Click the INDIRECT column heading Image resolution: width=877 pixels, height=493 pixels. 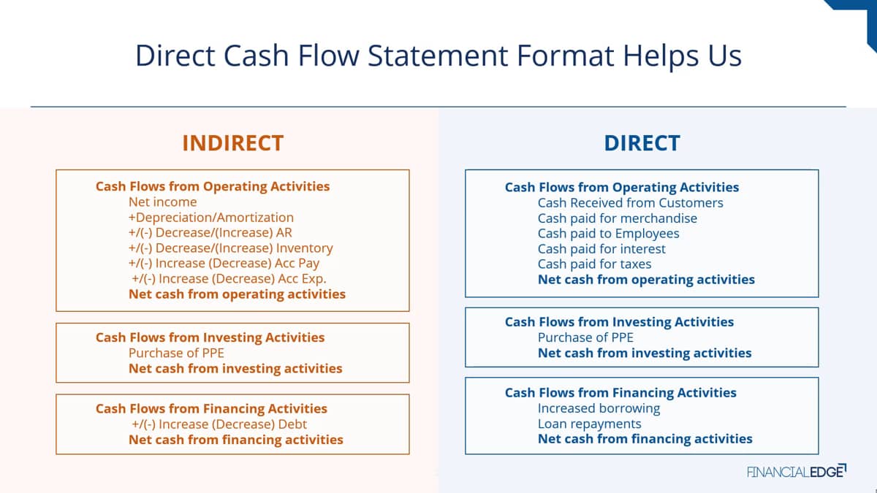pyautogui.click(x=233, y=143)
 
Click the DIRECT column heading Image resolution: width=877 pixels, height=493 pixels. pyautogui.click(x=642, y=143)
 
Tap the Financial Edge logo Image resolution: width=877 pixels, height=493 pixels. pyautogui.click(x=797, y=471)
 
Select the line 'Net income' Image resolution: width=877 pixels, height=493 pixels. pyautogui.click(x=162, y=202)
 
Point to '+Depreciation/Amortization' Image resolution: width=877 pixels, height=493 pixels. pyautogui.click(x=211, y=218)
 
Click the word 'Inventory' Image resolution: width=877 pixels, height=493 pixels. pyautogui.click(x=304, y=248)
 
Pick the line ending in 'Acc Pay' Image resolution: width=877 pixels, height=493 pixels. pyautogui.click(x=224, y=264)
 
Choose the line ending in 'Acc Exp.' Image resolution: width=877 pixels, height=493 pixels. pyautogui.click(x=229, y=278)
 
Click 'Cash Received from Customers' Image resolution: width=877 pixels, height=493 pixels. pyautogui.click(x=630, y=203)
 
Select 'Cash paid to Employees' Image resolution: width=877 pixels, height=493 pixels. pyautogui.click(x=608, y=234)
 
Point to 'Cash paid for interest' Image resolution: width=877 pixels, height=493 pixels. pyautogui.click(x=601, y=249)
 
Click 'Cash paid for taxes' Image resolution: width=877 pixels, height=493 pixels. pyautogui.click(x=594, y=264)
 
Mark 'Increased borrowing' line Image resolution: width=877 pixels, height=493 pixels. pyautogui.click(x=599, y=408)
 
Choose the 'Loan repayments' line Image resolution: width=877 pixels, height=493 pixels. pyautogui.click(x=589, y=424)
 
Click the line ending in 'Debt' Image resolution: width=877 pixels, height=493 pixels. pyautogui.click(x=219, y=424)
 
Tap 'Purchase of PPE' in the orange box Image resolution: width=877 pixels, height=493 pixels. pyautogui.click(x=176, y=353)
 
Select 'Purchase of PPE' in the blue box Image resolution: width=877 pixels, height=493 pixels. pyautogui.click(x=585, y=337)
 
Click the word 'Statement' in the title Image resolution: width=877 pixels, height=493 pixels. pyautogui.click(x=437, y=56)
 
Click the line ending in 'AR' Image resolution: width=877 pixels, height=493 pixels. pyautogui.click(x=210, y=233)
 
